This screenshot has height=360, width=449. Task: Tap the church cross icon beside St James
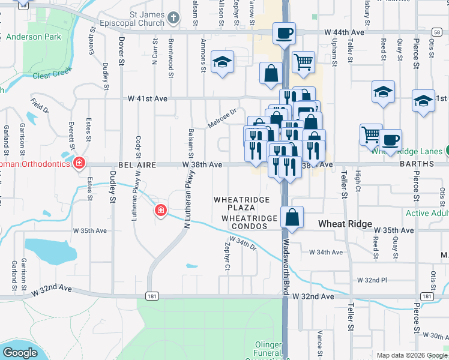coord(173,17)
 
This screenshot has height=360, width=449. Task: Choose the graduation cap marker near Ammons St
coord(222,62)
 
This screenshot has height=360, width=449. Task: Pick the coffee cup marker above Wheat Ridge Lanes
coord(390,140)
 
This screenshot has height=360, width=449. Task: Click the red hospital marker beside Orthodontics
coord(79,163)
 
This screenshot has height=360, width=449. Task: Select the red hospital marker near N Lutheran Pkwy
coord(160,210)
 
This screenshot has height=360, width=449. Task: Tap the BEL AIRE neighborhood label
coord(137,164)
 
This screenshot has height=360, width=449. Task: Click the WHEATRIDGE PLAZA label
coord(249,203)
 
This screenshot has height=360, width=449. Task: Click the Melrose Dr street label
coord(223,117)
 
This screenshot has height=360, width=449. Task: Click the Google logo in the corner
coord(20,353)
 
